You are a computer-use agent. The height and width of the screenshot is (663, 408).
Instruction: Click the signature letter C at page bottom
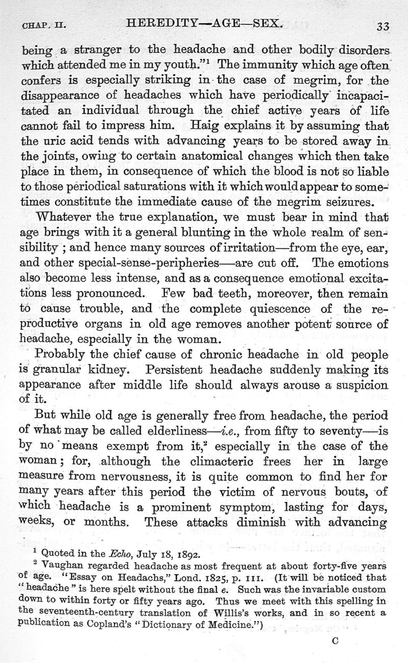pos(335,642)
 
